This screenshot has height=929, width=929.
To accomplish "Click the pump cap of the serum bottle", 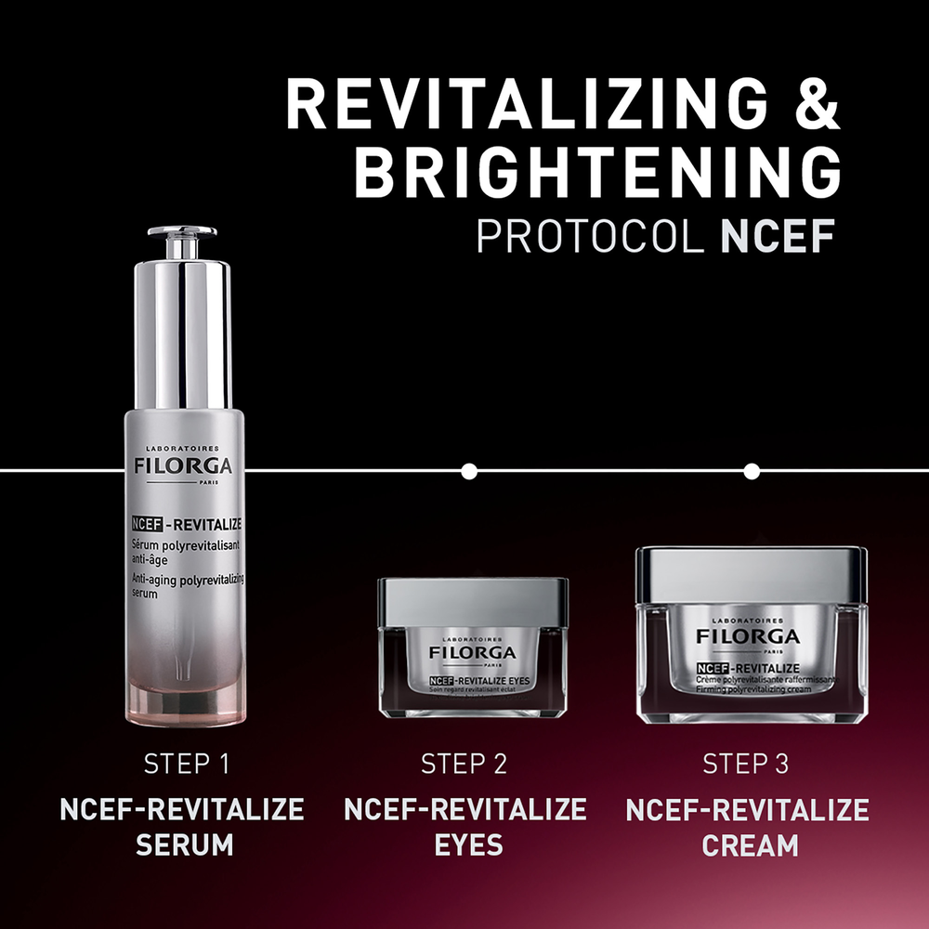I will click(182, 241).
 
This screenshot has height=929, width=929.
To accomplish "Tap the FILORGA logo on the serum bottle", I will click(183, 464).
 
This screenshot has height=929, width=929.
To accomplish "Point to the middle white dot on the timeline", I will click(469, 471).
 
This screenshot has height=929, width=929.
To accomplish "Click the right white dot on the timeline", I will click(752, 471).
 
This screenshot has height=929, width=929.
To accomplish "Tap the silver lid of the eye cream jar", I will click(472, 600).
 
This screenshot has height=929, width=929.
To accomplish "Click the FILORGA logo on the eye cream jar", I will click(472, 653).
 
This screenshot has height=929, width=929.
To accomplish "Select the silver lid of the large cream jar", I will click(751, 574).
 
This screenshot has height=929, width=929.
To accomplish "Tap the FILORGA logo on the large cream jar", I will click(749, 636).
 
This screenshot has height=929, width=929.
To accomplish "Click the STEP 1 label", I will click(186, 765).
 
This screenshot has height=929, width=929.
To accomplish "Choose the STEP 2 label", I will click(464, 765).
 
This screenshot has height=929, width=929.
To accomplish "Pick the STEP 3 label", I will click(746, 765).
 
